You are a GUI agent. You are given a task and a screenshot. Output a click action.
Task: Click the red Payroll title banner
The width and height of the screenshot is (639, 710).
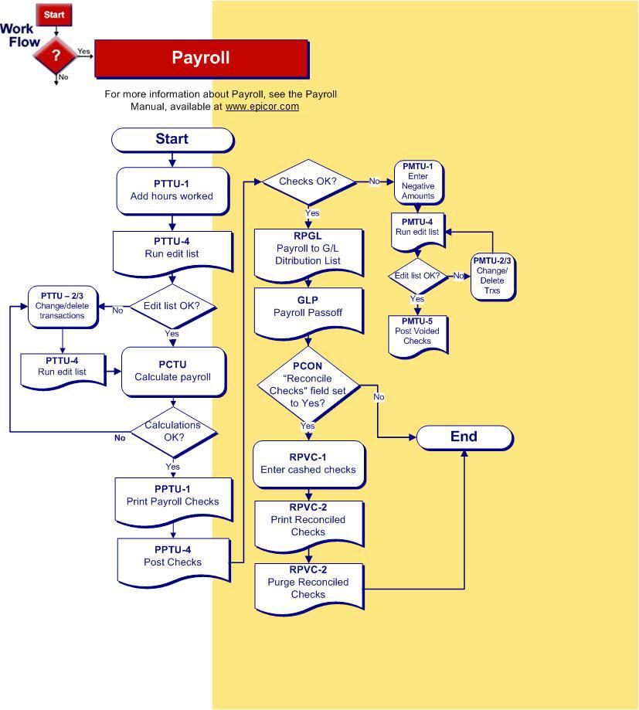tap(201, 58)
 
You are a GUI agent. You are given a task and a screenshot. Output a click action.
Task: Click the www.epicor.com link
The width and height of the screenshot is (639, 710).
tap(262, 107)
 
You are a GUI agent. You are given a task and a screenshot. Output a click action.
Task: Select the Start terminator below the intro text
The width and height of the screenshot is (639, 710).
tap(172, 139)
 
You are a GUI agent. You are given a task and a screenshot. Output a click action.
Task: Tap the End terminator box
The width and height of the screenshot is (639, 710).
tap(464, 437)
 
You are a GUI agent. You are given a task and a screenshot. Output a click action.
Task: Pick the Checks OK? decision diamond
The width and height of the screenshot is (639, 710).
tap(308, 182)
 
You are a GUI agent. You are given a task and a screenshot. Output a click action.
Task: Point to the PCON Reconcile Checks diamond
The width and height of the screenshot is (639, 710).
tap(308, 384)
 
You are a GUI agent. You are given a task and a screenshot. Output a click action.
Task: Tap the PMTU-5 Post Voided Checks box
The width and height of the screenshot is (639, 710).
tap(417, 332)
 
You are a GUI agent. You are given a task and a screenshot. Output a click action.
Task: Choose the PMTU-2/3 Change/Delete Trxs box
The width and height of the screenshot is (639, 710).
tap(492, 277)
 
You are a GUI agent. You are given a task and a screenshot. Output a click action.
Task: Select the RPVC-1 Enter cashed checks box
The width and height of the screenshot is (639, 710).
tap(308, 464)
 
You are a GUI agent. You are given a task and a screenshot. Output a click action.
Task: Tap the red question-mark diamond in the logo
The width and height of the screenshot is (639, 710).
tap(55, 55)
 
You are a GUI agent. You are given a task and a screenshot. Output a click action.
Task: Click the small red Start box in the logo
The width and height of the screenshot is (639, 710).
tap(54, 15)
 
